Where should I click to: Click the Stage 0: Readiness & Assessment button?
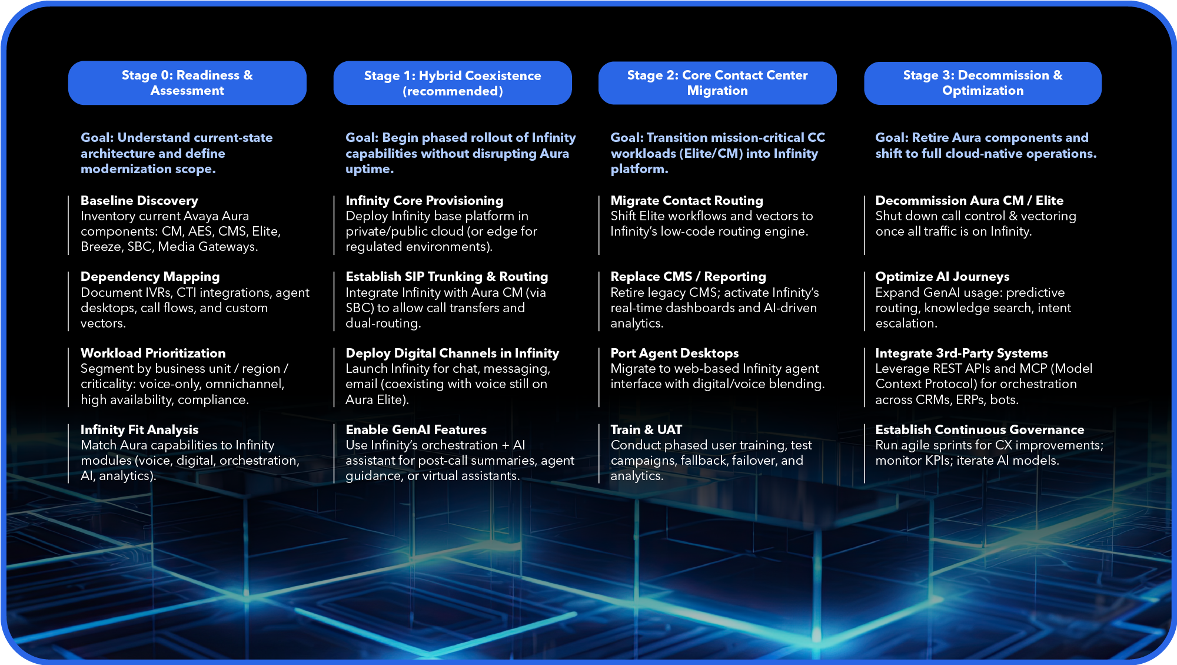pos(187,83)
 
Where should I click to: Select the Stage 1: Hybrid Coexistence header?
pos(453,83)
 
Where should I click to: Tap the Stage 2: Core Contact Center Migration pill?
pos(717,83)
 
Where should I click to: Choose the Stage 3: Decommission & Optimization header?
pos(983,83)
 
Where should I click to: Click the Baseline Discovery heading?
pos(139,200)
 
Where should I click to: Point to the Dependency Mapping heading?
pos(150,277)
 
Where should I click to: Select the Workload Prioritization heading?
pos(153,353)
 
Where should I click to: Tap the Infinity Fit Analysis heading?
pos(139,429)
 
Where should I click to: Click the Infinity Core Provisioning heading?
pos(424,200)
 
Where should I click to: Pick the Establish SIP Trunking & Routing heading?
pos(447,277)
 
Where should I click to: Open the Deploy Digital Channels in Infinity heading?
pos(452,353)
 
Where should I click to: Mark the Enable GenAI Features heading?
pos(416,429)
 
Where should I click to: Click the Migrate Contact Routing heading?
pos(687,200)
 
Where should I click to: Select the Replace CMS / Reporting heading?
pos(689,277)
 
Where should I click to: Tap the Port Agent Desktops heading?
pos(674,353)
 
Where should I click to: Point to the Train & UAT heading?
pos(646,429)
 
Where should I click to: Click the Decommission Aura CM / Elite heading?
pos(969,200)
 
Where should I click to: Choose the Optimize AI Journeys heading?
pos(942,277)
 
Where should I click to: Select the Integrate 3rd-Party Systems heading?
pos(962,353)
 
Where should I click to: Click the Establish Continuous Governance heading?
pos(980,429)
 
